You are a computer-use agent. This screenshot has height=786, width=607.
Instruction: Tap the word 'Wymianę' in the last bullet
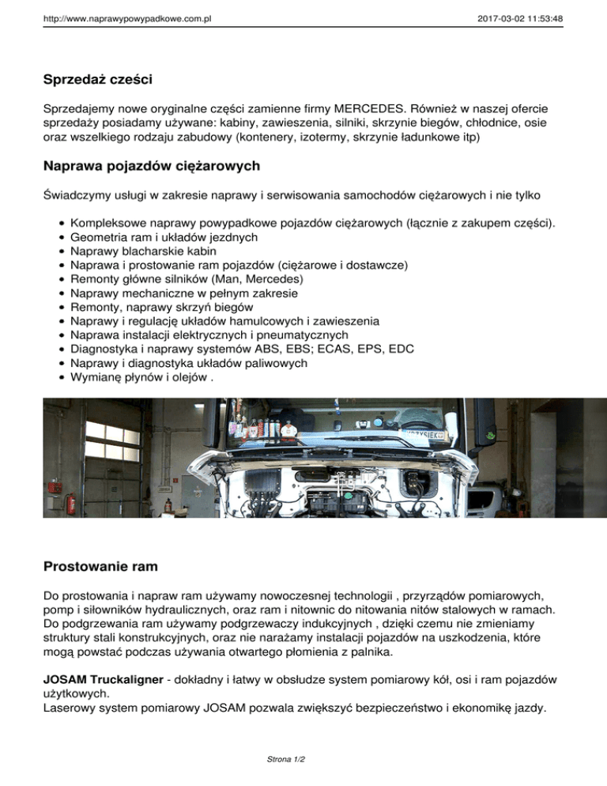96,378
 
